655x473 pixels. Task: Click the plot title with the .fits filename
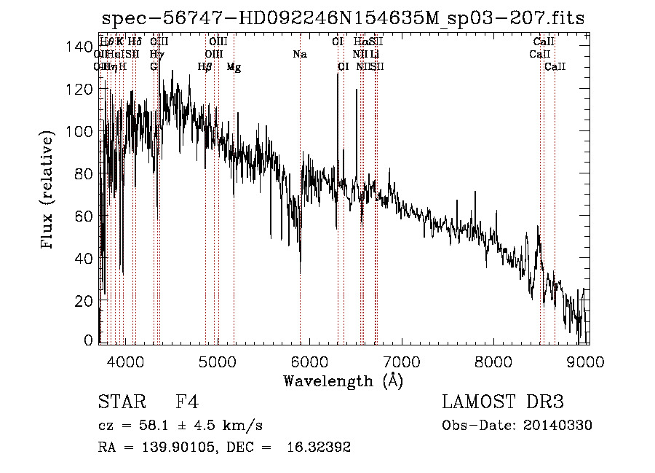(x=343, y=18)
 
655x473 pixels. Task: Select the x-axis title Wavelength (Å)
(x=343, y=380)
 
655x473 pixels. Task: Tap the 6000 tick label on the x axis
(x=311, y=361)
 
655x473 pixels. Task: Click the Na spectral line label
(x=299, y=55)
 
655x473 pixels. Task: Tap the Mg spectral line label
(x=234, y=67)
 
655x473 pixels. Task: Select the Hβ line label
(x=205, y=67)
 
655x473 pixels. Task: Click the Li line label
(x=374, y=55)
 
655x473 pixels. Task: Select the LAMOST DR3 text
(x=503, y=402)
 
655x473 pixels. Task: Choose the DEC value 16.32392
(x=321, y=447)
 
